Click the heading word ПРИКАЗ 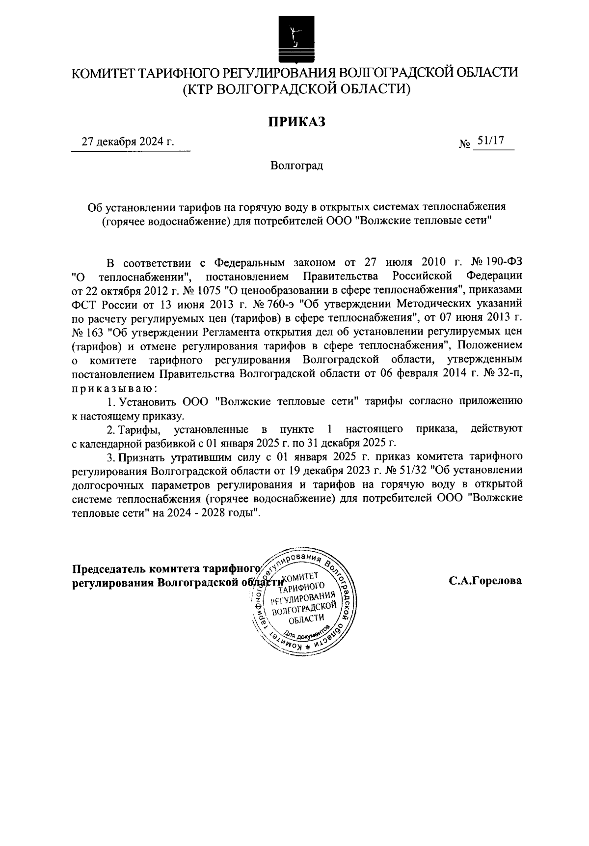[296, 121]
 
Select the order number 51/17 [492, 141]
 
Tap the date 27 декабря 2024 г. [128, 142]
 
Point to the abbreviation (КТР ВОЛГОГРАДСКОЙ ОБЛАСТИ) [296, 89]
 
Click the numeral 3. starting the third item [111, 457]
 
